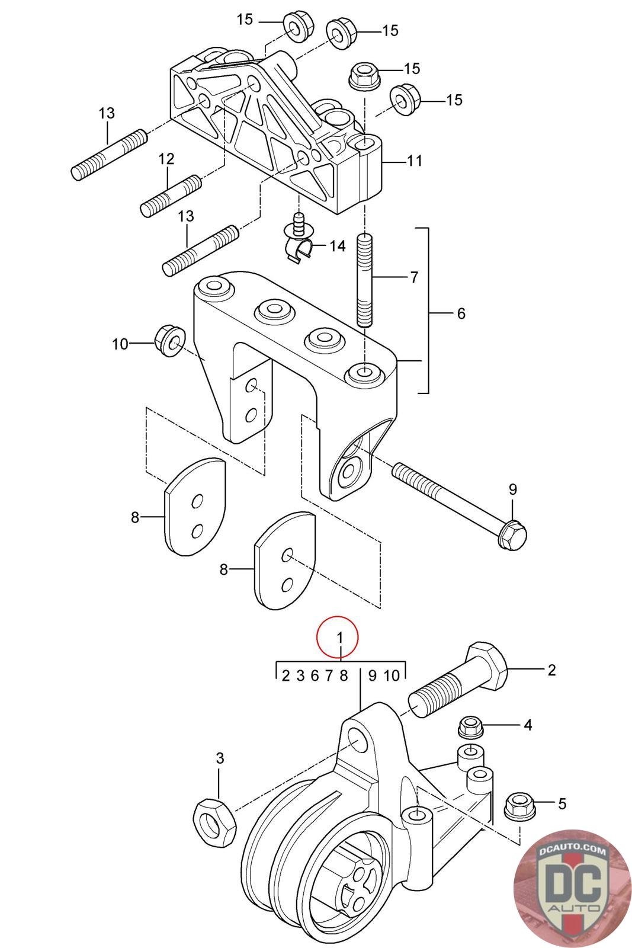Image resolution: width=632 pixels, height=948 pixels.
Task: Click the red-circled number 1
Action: [x=339, y=636]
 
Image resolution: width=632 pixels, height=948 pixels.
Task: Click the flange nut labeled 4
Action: [x=470, y=727]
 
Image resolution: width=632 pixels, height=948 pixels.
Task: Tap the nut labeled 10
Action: [x=169, y=340]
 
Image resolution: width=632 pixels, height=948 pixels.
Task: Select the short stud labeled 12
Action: [x=170, y=196]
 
